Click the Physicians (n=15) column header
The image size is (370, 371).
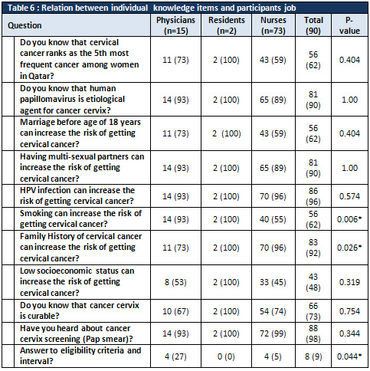175,25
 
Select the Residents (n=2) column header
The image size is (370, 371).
227,25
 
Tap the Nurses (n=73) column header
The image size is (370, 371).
273,25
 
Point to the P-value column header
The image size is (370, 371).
349,25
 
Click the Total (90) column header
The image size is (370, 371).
313,25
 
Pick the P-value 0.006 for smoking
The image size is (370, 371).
349,219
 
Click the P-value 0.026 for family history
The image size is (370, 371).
349,248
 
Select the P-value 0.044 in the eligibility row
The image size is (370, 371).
349,356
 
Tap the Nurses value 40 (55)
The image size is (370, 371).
273,219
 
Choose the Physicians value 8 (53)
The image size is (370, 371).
175,282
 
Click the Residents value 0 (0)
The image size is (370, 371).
226,356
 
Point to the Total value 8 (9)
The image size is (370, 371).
313,356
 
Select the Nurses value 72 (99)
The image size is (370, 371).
273,333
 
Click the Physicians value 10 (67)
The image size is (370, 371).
175,311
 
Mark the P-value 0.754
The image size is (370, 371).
349,311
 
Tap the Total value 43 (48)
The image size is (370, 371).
313,282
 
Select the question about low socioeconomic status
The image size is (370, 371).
77,281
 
